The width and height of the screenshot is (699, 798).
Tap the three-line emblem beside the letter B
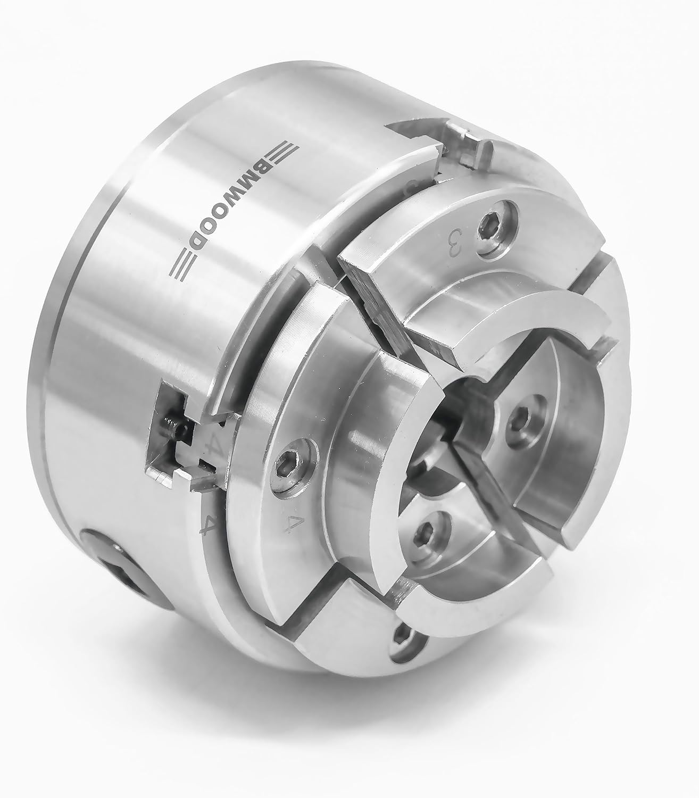pos(281,153)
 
